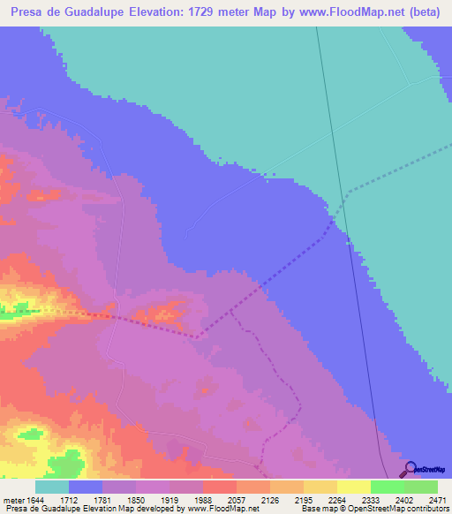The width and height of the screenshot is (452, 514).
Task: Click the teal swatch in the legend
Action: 52,487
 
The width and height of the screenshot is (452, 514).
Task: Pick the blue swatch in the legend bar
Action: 86,487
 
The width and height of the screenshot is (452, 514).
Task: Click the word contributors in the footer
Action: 428,509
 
